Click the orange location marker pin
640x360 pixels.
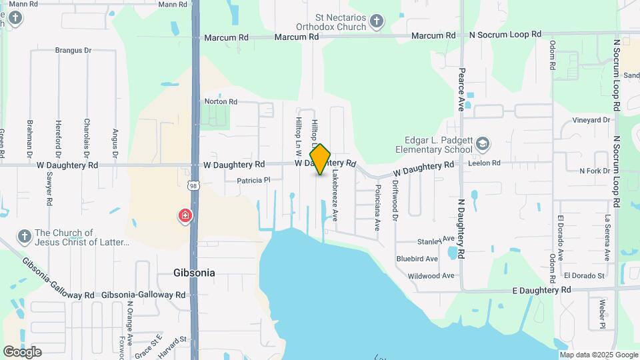pos(321,159)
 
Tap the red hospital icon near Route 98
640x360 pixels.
pos(185,216)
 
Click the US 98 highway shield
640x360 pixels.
pos(193,185)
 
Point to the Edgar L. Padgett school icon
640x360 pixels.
pos(483,143)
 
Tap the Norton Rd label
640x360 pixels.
pos(221,102)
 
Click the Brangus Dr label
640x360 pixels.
pos(73,50)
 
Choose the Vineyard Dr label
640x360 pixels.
pos(591,121)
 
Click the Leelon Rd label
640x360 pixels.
pos(484,163)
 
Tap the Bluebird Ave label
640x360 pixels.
pos(417,259)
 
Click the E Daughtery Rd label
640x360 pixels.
pos(541,290)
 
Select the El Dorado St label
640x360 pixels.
pos(583,275)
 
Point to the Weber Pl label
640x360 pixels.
pos(601,313)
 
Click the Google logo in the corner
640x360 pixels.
pos(22,351)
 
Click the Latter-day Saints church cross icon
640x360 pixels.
pos(24,237)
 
